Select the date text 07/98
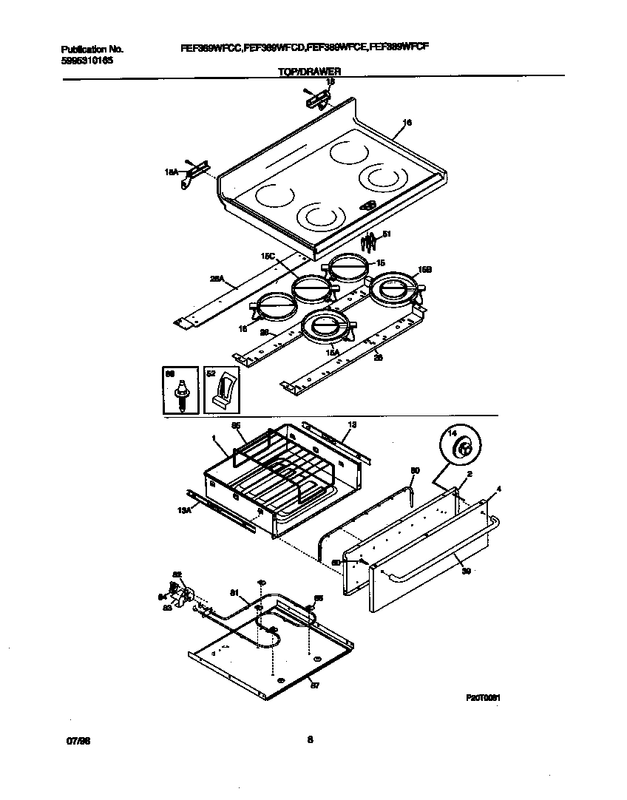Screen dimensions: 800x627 tap(70, 739)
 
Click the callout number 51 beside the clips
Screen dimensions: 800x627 tap(386, 234)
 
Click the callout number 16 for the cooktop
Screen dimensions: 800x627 tap(407, 122)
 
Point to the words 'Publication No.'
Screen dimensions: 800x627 tap(92, 49)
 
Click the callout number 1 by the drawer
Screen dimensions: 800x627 tap(214, 438)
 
